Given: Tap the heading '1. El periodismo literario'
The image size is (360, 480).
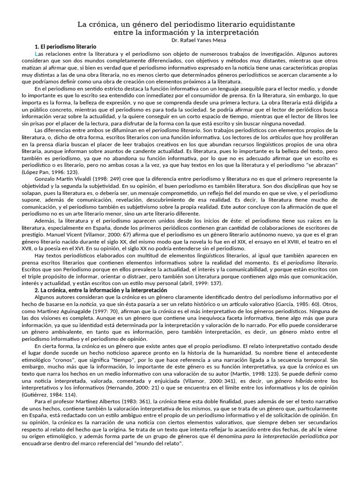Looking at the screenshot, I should click(66, 47).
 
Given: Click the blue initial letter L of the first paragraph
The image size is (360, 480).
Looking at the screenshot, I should click(37, 54).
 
